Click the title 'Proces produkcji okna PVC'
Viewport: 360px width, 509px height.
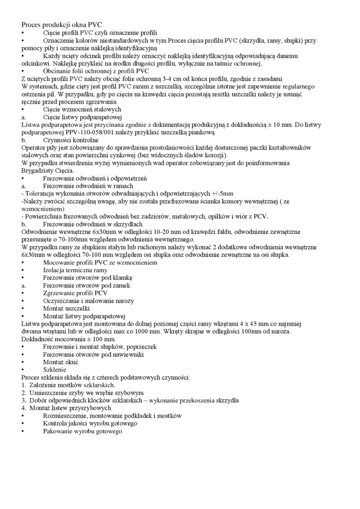point(62,25)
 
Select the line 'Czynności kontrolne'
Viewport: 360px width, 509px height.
point(71,140)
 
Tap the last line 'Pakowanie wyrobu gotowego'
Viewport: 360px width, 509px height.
point(82,431)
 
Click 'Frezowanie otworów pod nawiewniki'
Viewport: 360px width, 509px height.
point(93,354)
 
